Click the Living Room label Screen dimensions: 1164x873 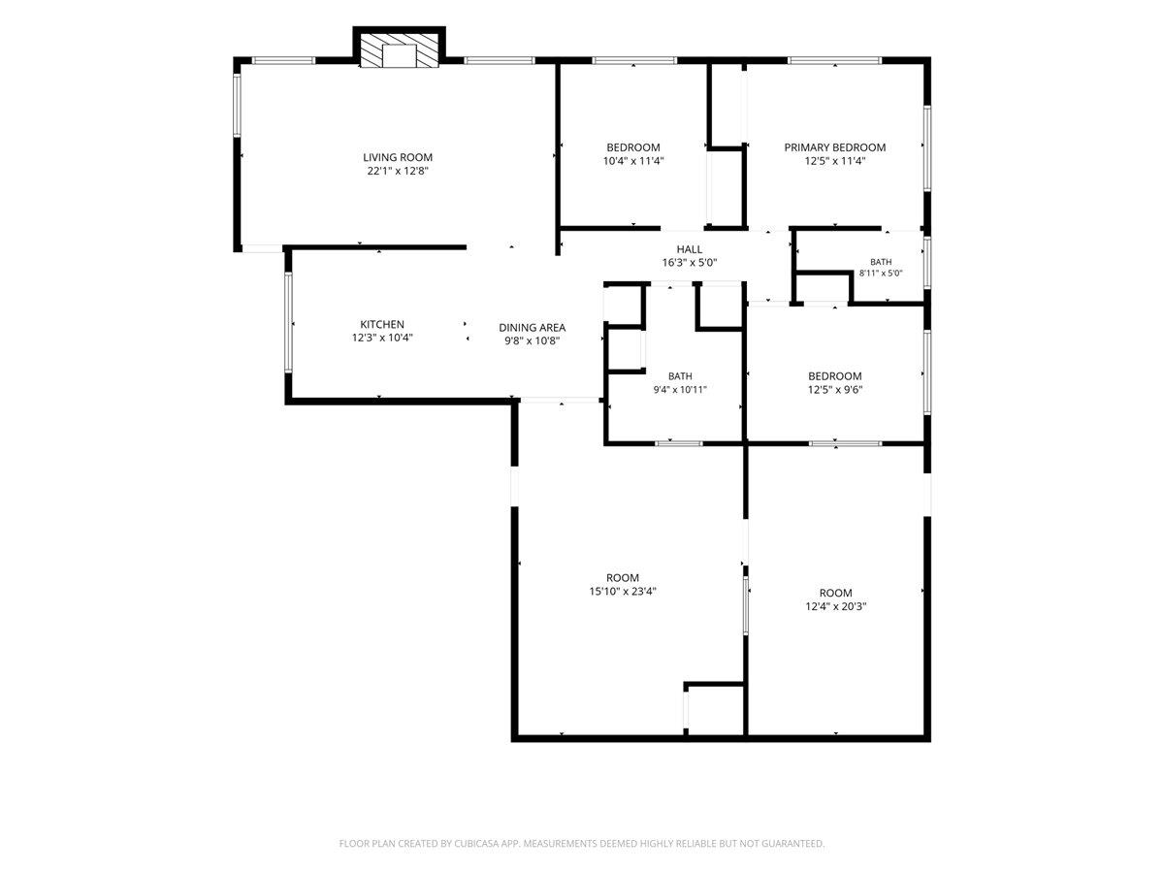click(x=397, y=157)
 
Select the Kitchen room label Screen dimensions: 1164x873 click(x=382, y=324)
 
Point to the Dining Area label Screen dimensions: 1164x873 click(x=532, y=328)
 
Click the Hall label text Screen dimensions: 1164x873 click(x=690, y=249)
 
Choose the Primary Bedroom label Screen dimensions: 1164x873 click(x=835, y=147)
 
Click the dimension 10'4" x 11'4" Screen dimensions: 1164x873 click(x=633, y=161)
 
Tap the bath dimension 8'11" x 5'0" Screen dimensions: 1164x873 click(x=881, y=274)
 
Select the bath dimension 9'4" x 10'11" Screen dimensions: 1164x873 click(x=680, y=390)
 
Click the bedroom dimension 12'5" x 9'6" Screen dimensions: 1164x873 click(x=835, y=390)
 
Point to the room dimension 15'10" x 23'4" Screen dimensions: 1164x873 click(x=623, y=591)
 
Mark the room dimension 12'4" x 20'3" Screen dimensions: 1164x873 click(x=836, y=606)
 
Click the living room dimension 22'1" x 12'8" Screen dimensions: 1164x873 click(x=397, y=171)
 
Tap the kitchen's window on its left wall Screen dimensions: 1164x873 click(x=288, y=323)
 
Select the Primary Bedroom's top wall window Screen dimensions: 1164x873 click(x=835, y=60)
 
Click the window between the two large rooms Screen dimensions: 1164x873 click(x=745, y=606)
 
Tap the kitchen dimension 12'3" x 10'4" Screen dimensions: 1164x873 click(x=382, y=338)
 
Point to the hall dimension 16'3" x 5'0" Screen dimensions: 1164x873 click(x=690, y=262)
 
